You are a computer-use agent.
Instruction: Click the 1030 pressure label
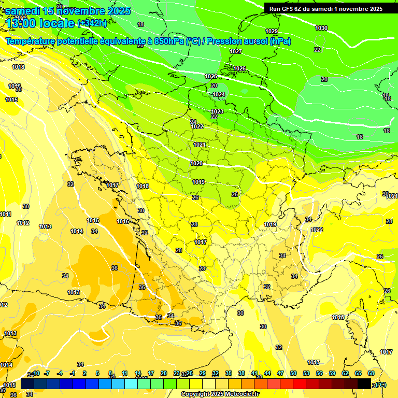pos(321,28)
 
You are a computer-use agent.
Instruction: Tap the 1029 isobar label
pos(272,32)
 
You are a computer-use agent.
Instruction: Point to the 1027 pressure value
pos(236,51)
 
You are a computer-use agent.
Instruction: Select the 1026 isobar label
pos(239,69)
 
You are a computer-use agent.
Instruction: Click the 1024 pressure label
pos(219,94)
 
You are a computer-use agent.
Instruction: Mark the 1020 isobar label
pos(196,163)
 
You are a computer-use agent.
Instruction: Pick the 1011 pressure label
pos(5,214)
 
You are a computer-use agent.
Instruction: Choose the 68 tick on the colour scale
pos(371,373)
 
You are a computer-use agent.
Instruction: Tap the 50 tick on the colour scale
pos(293,373)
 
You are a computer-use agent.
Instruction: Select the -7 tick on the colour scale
pos(47,373)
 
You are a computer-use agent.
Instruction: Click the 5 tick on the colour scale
pos(98,373)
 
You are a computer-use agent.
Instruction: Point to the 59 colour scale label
pos(332,373)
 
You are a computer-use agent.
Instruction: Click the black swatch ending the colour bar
pos(364,383)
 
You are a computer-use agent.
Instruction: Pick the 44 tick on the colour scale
pos(267,373)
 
